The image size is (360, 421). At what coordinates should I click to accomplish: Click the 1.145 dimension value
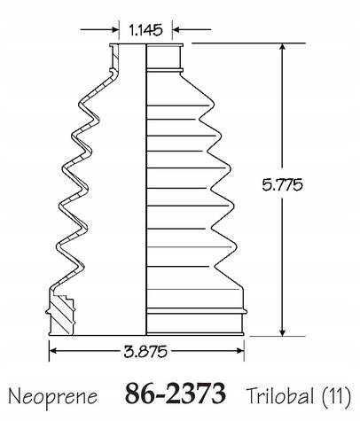145,30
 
